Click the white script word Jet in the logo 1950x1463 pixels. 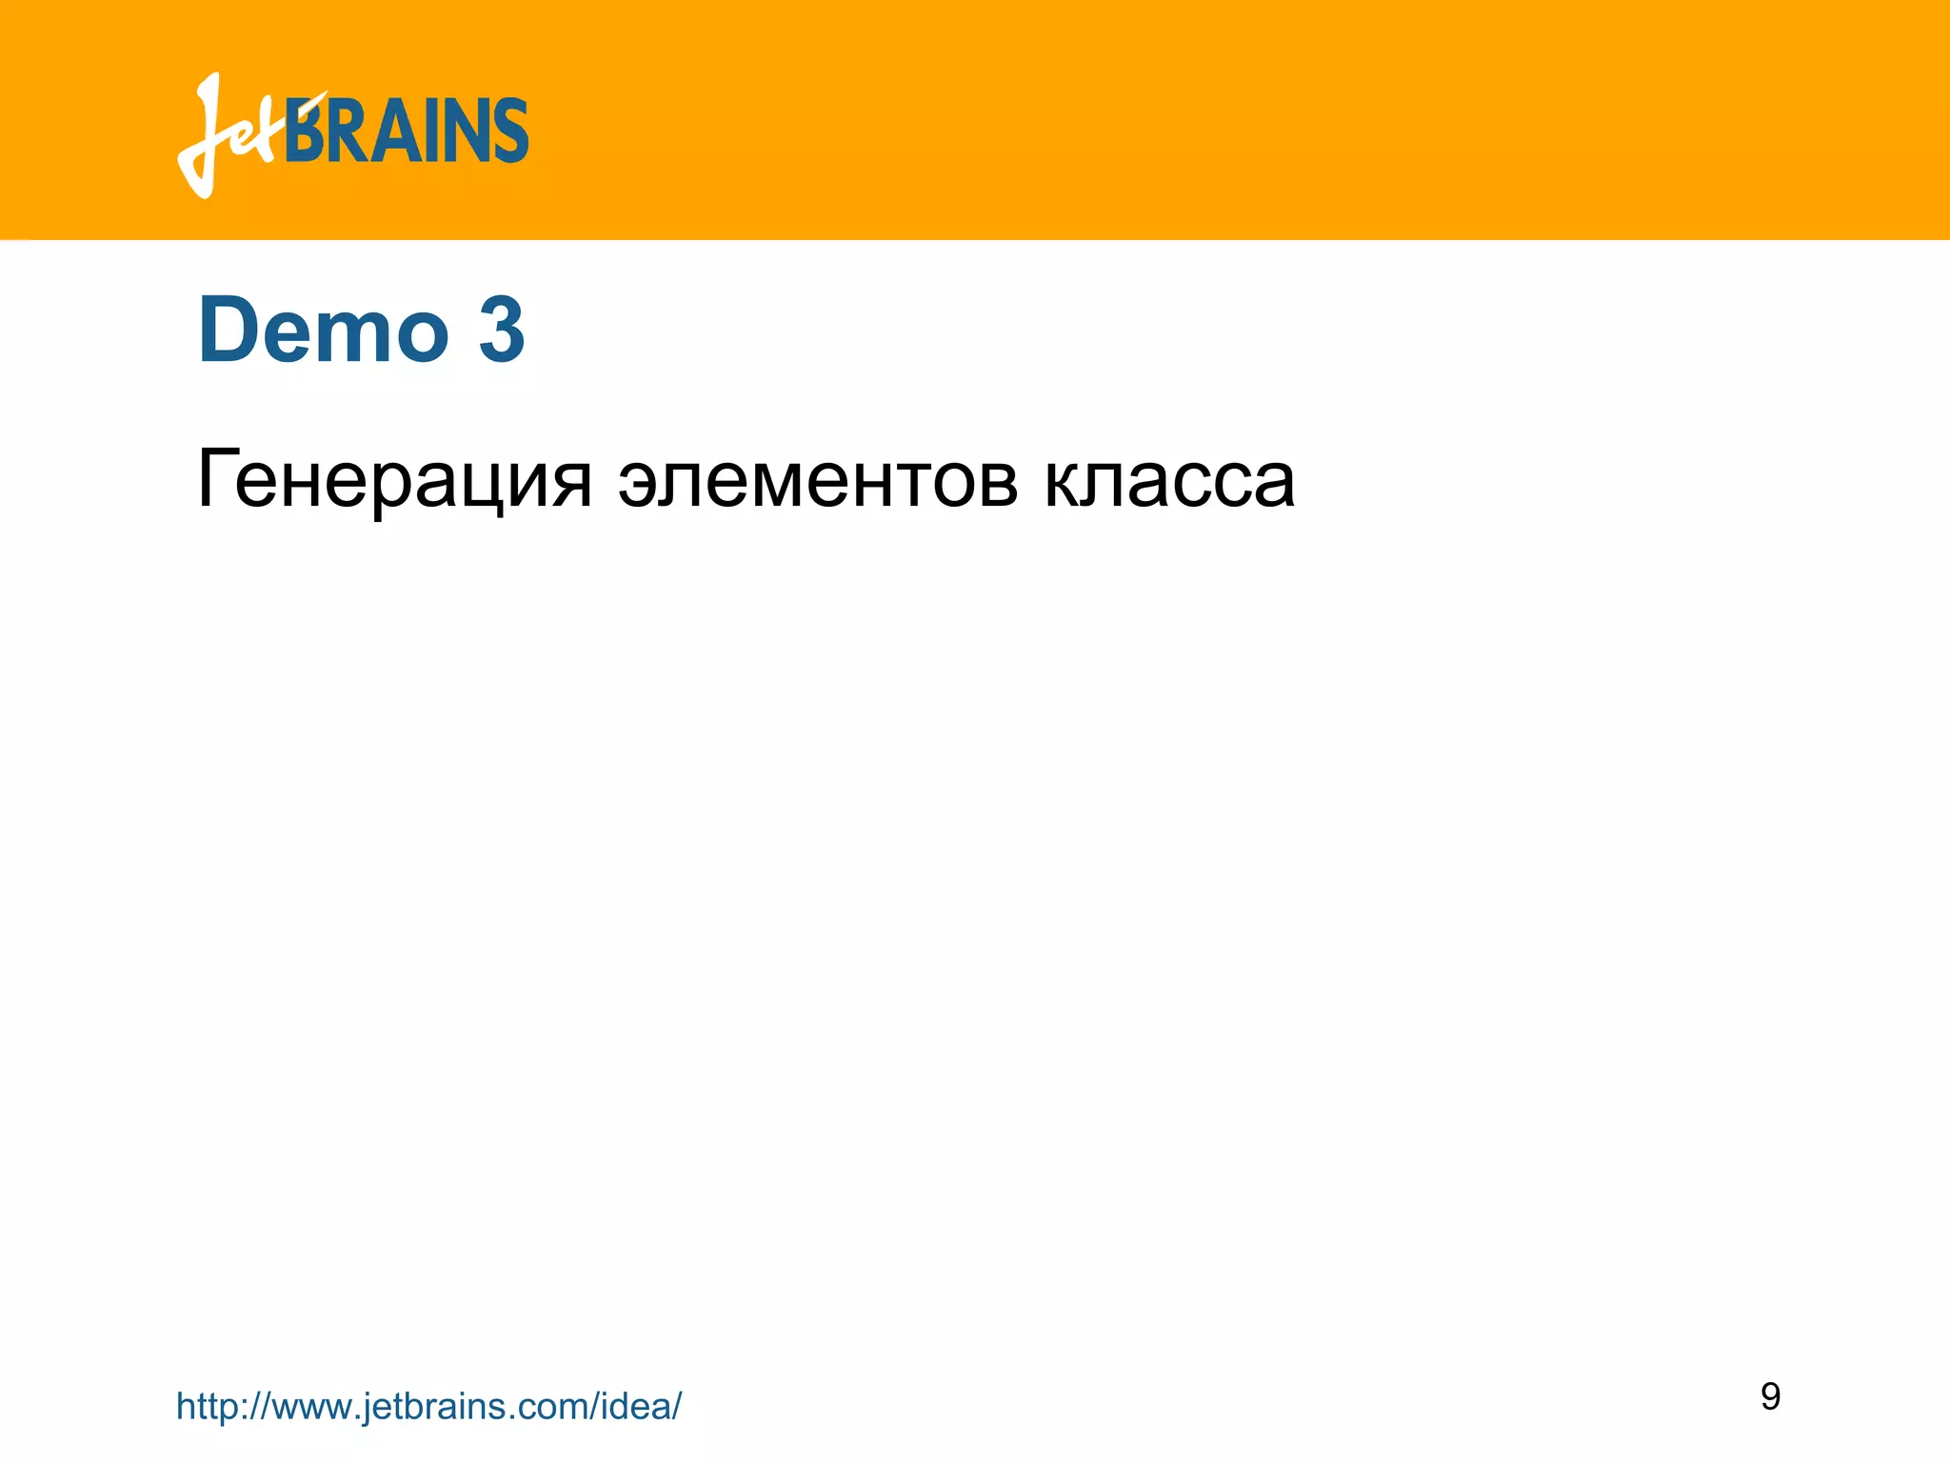point(233,138)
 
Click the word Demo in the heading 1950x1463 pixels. point(323,330)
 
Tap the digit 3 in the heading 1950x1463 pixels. point(502,330)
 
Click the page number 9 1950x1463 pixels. point(1770,1396)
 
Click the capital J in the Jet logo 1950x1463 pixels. point(205,133)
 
